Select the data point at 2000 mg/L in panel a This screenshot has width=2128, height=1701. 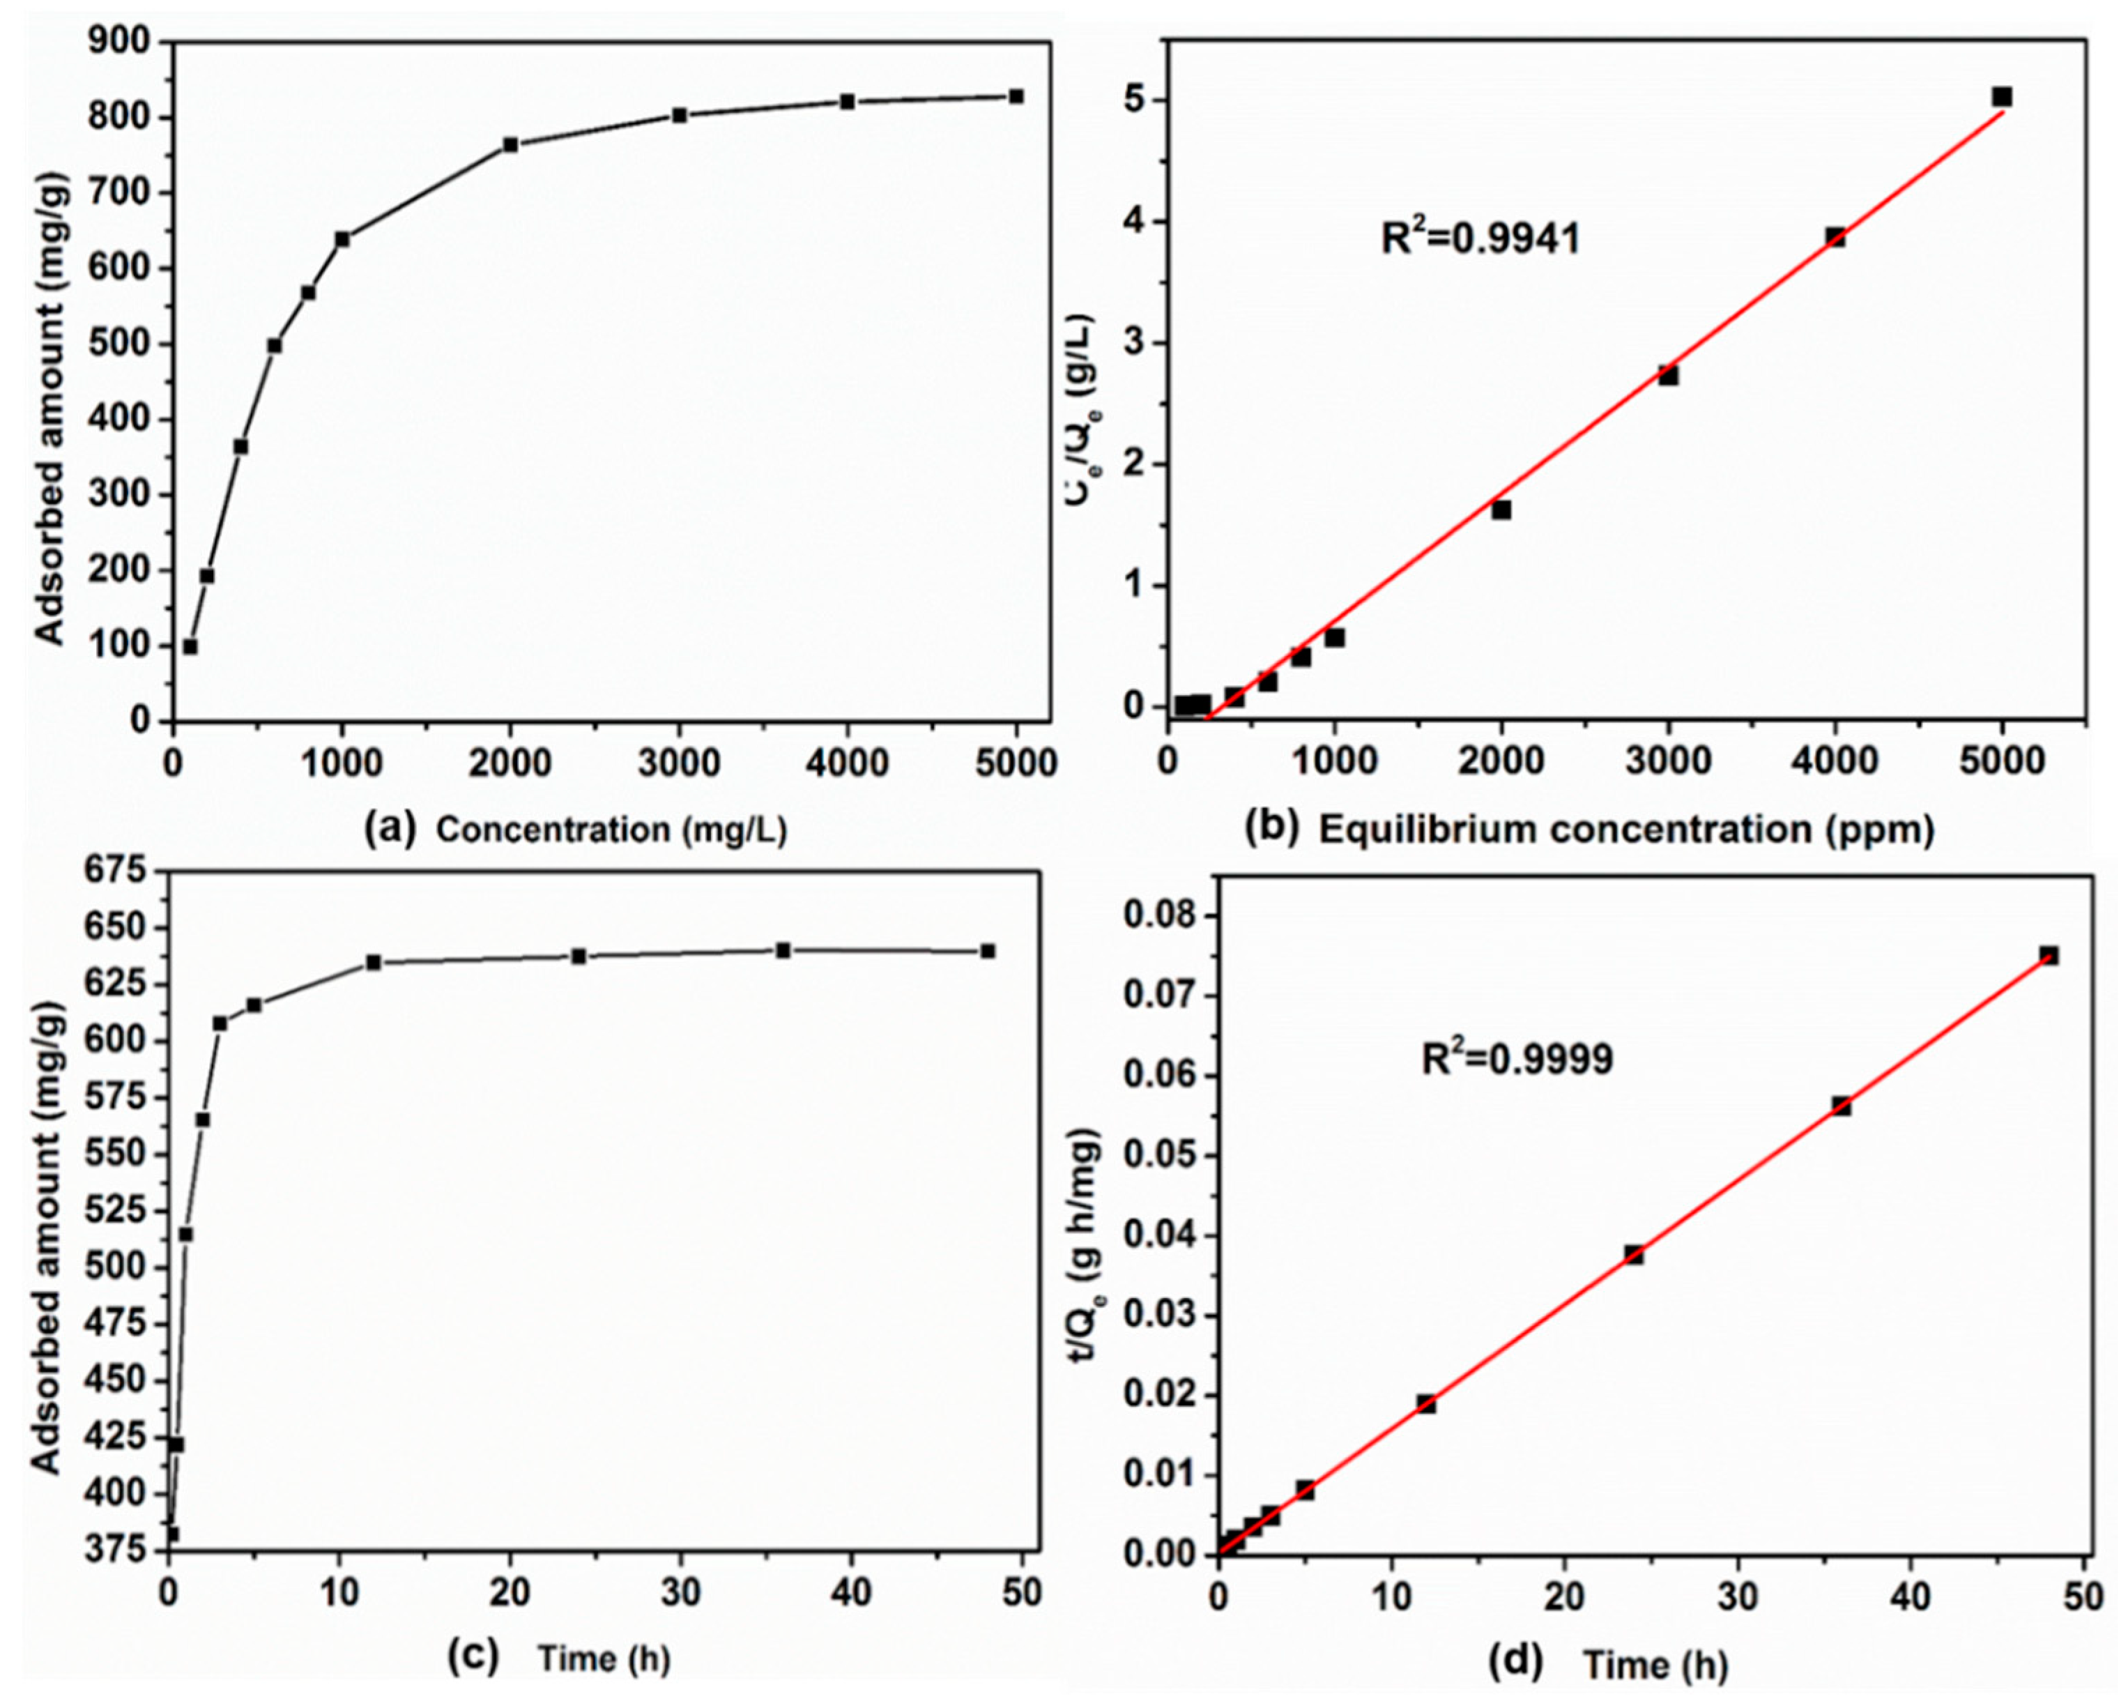click(510, 144)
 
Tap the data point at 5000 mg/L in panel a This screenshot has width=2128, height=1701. click(1016, 96)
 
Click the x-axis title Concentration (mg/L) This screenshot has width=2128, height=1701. click(612, 830)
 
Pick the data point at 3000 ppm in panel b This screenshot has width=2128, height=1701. click(1668, 375)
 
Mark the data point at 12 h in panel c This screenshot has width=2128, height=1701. click(373, 961)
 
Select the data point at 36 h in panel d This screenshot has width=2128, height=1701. click(1841, 1106)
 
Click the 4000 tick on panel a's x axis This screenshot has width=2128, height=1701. click(847, 763)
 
